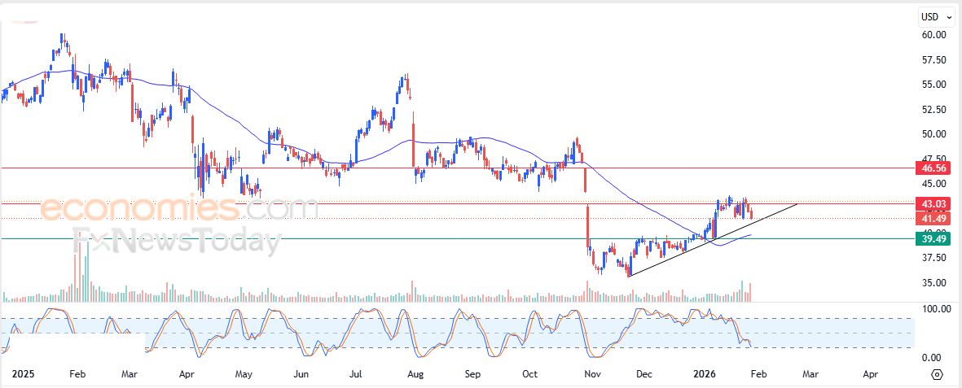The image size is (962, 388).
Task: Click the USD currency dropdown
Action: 937,16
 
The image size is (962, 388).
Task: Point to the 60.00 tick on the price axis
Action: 933,35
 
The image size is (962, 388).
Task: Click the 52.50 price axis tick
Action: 933,109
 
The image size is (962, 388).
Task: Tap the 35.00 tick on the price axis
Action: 933,283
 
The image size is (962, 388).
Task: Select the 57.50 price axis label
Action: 933,60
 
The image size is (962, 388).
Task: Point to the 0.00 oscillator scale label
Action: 933,358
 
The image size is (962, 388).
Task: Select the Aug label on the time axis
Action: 415,375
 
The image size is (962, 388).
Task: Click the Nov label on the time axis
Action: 593,375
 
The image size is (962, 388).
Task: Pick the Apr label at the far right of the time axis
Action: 870,375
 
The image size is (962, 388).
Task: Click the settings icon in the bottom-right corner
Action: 937,374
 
